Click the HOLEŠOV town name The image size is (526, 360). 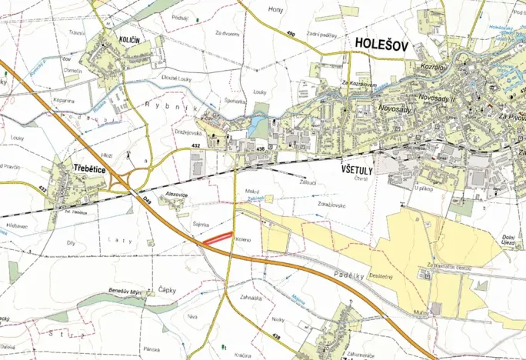(x=385, y=45)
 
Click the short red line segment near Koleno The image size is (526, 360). (x=218, y=238)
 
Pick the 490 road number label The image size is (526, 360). (x=291, y=34)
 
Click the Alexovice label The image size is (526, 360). (x=177, y=195)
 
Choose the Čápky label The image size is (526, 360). (x=168, y=290)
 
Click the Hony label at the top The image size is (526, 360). (x=275, y=9)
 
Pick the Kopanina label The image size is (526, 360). (x=64, y=101)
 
